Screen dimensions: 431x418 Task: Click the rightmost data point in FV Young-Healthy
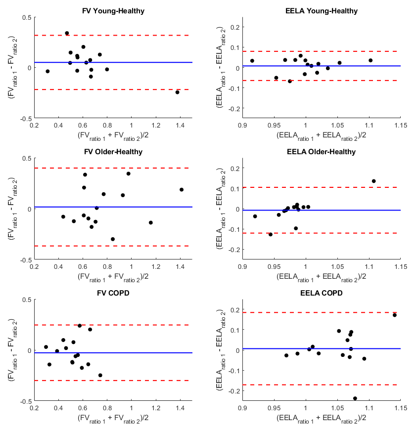click(177, 92)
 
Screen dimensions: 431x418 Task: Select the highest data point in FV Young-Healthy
click(67, 33)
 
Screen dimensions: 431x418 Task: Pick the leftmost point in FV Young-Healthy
click(47, 71)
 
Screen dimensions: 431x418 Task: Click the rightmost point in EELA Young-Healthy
click(371, 60)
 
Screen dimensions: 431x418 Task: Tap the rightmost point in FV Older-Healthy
click(182, 189)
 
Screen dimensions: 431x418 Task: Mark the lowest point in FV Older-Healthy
click(113, 239)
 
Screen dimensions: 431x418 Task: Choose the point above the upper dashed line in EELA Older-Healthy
click(373, 181)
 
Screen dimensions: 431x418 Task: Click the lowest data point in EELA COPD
click(355, 398)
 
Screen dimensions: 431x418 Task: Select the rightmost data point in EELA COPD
click(394, 315)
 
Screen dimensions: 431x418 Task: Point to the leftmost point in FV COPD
click(46, 347)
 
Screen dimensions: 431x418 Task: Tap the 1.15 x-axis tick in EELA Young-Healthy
click(401, 126)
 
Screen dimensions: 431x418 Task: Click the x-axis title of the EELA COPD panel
click(321, 418)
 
